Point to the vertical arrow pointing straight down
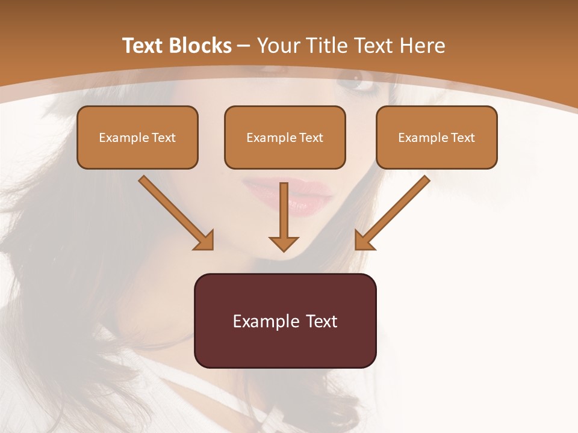pyautogui.click(x=284, y=216)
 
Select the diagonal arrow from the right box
pyautogui.click(x=392, y=213)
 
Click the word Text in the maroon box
pyautogui.click(x=322, y=321)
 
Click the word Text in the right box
pyautogui.click(x=463, y=138)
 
